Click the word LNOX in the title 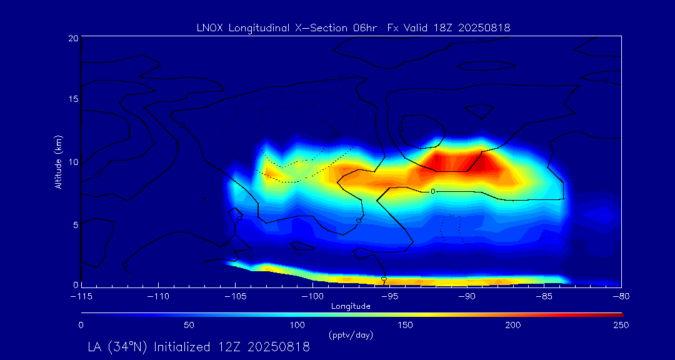click(x=207, y=27)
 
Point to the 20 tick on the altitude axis click(x=73, y=38)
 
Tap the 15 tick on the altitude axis click(x=73, y=99)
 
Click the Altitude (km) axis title click(x=58, y=162)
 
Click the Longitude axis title click(x=351, y=306)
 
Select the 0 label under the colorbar click(x=81, y=325)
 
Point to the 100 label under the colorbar click(x=297, y=325)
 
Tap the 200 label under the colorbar click(x=513, y=325)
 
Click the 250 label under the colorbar click(x=621, y=325)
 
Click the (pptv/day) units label click(x=351, y=335)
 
